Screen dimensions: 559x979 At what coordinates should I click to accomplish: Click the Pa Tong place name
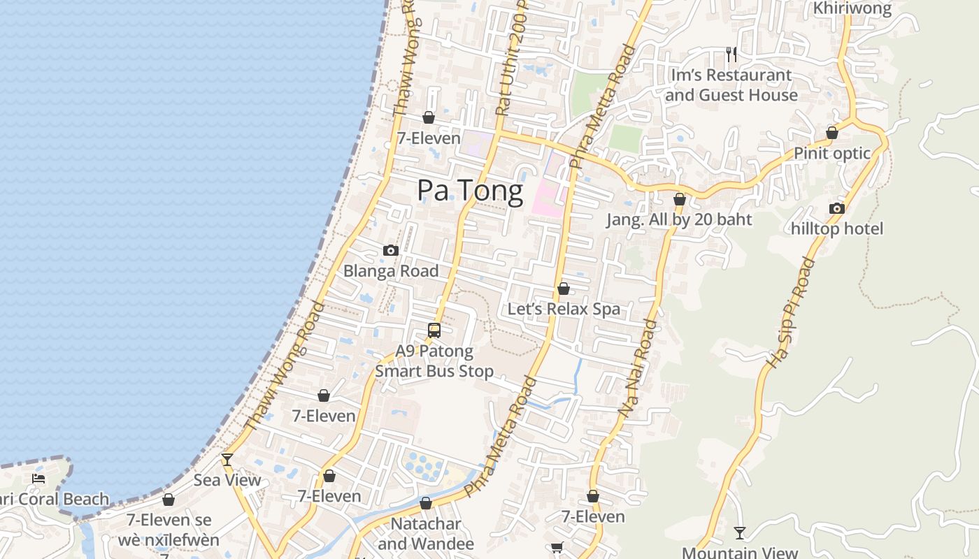[470, 191]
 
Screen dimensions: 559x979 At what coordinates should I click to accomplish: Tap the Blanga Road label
[391, 271]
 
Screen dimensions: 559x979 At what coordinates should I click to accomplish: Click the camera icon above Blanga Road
[391, 251]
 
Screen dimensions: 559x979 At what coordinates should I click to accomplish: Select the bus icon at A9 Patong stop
[434, 331]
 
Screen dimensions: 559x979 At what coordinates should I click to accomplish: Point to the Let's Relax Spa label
[564, 309]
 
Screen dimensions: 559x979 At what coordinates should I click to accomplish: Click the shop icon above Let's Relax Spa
[564, 289]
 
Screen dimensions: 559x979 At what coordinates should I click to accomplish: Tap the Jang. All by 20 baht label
[678, 219]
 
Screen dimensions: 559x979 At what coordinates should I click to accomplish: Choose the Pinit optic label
[831, 153]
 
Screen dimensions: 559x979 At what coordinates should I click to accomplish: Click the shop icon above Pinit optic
[832, 133]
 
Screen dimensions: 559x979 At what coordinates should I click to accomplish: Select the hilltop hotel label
[837, 228]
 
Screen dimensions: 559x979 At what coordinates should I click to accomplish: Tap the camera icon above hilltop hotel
[837, 208]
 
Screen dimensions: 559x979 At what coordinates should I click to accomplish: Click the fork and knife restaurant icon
[731, 54]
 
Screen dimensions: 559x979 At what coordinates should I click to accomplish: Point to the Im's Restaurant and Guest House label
[731, 85]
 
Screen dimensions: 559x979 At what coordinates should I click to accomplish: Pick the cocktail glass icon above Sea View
[227, 460]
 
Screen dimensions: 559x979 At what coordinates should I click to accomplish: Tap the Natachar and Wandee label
[426, 533]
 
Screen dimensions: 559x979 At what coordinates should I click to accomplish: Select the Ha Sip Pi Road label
[791, 313]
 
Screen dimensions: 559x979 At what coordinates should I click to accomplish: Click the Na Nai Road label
[638, 369]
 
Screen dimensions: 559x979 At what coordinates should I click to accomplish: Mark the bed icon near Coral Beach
[38, 479]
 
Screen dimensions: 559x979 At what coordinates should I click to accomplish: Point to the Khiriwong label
[852, 8]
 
